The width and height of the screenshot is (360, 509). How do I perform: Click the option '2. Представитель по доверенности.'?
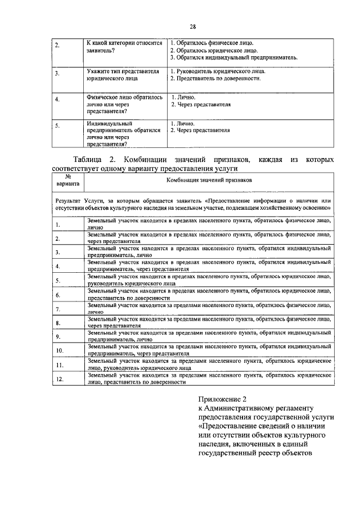coord(215,79)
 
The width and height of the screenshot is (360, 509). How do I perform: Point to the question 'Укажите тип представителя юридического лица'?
coord(118,75)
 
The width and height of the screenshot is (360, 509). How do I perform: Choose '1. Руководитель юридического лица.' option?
coord(218,71)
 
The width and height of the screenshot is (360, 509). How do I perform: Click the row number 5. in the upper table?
coord(58,127)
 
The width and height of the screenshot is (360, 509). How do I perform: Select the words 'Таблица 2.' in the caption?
coord(94,160)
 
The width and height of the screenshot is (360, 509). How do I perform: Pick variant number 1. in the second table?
coord(58,226)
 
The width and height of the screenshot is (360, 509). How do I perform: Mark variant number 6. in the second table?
coord(58,295)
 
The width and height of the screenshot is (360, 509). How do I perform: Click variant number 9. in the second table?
coord(58,336)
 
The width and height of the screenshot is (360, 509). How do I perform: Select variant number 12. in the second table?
coord(59,379)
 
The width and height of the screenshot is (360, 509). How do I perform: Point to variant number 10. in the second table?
coord(59,350)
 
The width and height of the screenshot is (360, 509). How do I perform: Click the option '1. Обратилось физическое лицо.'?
coord(212,43)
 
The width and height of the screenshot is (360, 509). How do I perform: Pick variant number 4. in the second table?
coord(58,267)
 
